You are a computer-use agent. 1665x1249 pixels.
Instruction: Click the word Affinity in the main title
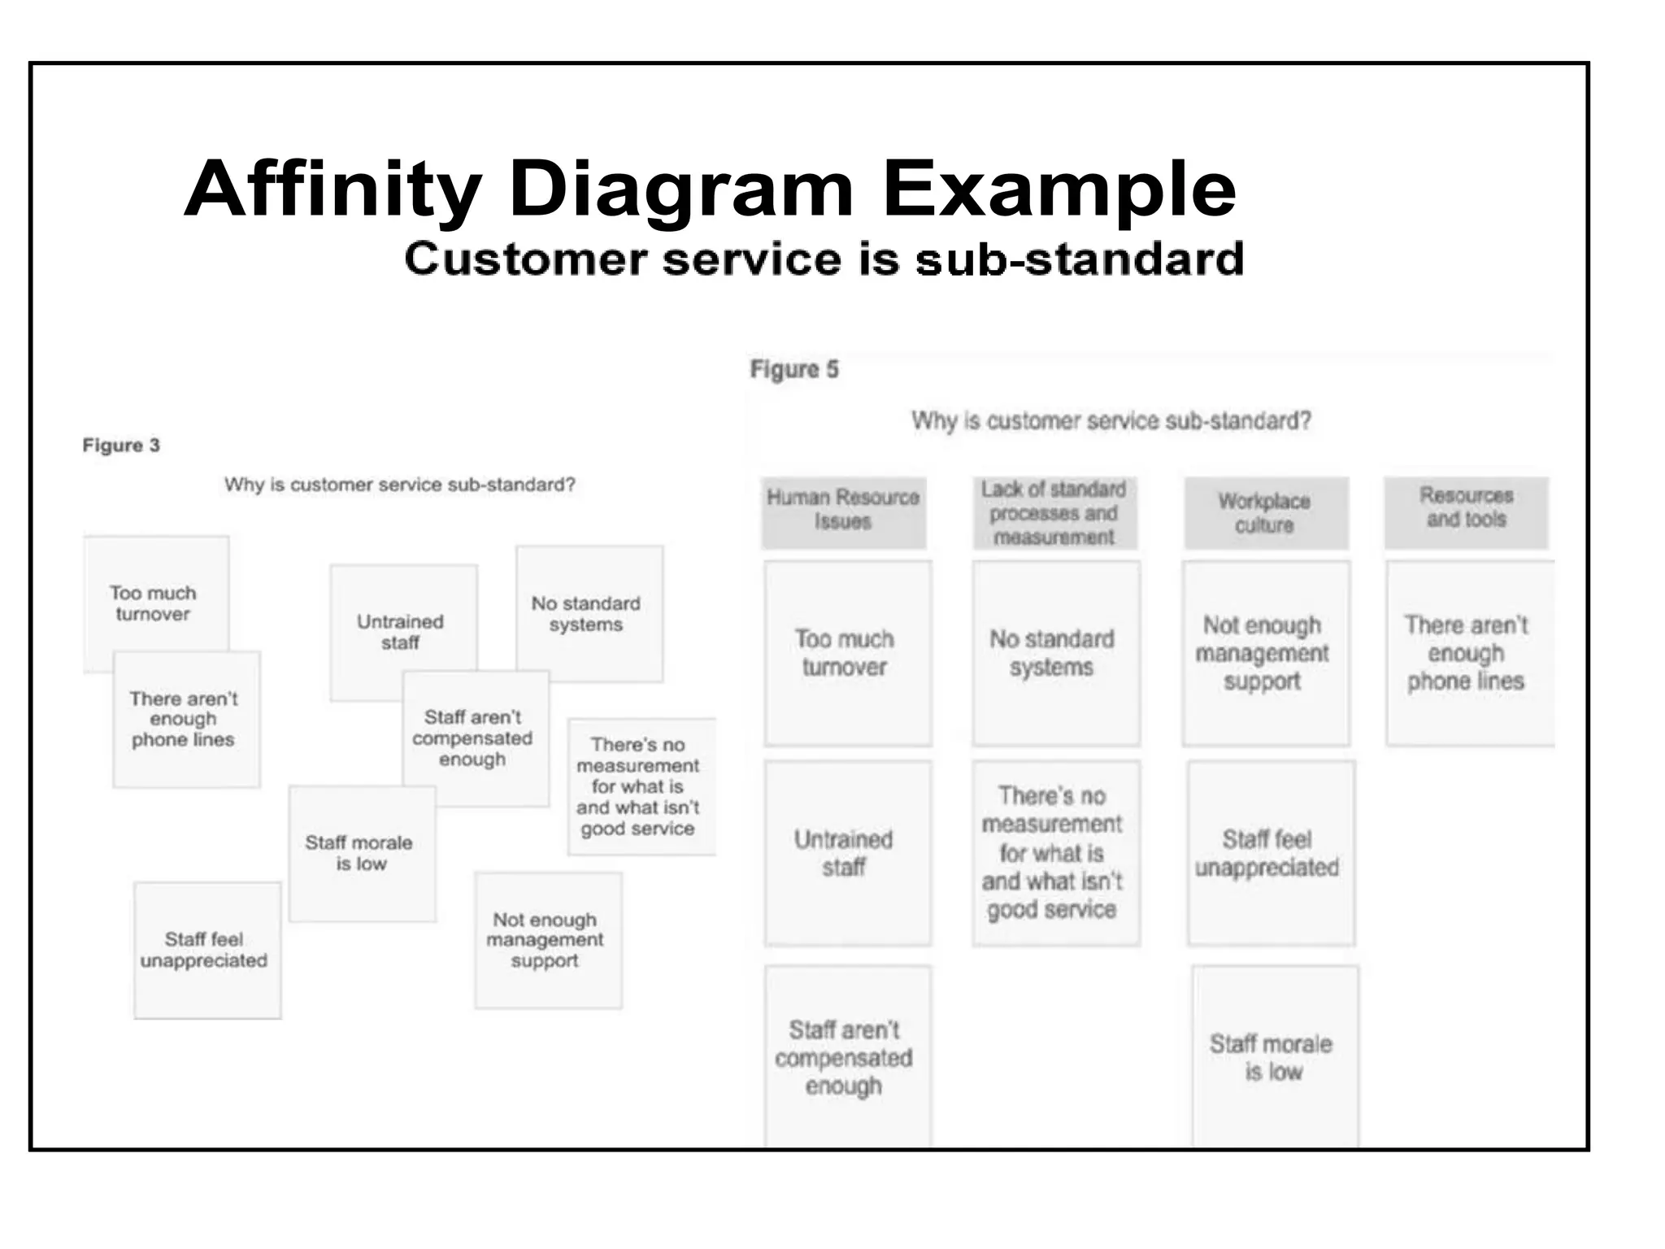point(333,189)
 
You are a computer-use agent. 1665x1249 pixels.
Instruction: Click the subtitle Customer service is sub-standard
point(824,259)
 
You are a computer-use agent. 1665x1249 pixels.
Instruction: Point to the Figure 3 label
point(121,446)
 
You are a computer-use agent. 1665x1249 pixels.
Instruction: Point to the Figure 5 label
point(793,370)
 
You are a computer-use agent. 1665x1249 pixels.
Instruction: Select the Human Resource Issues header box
point(843,511)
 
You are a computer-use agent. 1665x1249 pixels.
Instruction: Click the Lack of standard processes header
point(1054,512)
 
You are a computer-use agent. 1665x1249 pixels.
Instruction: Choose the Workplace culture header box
point(1264,513)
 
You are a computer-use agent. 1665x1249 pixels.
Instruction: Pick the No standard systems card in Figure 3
point(587,614)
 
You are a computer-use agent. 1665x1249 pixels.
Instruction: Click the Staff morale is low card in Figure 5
point(1272,1056)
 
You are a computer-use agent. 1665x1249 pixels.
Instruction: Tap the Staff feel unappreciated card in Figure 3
point(205,950)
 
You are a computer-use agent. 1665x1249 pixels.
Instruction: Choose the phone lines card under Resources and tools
point(1467,653)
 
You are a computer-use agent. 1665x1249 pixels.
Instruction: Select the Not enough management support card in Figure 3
point(546,940)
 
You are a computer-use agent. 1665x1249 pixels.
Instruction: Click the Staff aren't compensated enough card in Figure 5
point(845,1057)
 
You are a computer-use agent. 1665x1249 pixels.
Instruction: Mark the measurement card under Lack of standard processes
point(1053,852)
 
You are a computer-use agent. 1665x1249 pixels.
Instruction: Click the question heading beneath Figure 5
point(1111,420)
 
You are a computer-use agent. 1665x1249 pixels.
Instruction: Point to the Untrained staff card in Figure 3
point(401,631)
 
